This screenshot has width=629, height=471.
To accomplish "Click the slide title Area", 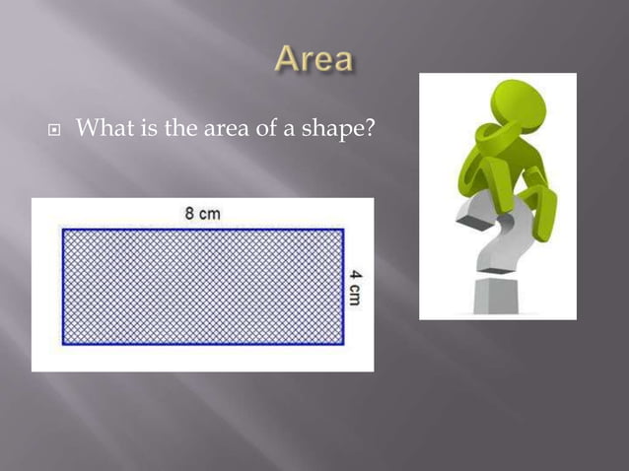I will [x=314, y=59].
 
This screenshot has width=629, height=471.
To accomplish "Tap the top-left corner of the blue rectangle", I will [x=64, y=231].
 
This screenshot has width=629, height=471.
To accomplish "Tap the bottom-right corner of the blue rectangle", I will [x=342, y=344].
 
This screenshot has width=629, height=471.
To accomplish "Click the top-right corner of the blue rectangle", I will [x=342, y=231].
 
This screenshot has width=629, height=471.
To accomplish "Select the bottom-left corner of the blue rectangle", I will [x=64, y=344].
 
